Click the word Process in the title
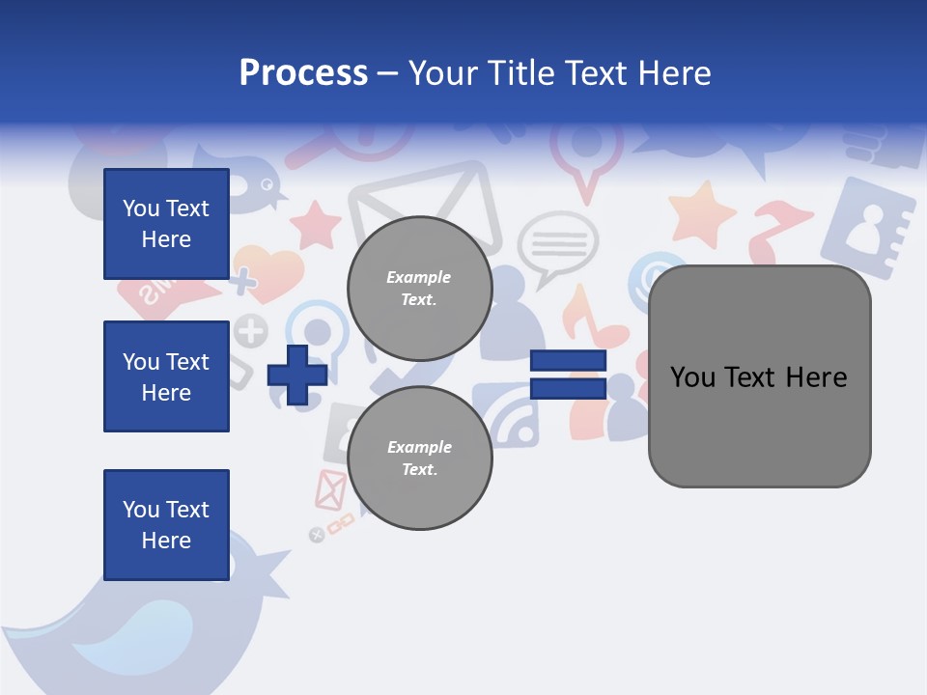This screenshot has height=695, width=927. point(303,73)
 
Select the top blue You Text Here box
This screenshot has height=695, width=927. point(166,224)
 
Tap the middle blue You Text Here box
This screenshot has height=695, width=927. point(166,376)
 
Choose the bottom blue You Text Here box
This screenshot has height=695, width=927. point(166,524)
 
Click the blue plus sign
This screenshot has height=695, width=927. point(297,375)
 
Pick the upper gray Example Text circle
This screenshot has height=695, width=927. point(419,289)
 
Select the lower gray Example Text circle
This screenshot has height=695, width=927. point(419,458)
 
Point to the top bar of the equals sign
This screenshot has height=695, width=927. point(568,360)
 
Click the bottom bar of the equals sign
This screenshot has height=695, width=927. point(568,388)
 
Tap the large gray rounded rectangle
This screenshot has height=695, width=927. point(759,376)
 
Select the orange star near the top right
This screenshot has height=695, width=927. point(702,214)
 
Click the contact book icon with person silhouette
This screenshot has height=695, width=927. point(866,228)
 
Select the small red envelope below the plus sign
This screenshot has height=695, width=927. point(330,490)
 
